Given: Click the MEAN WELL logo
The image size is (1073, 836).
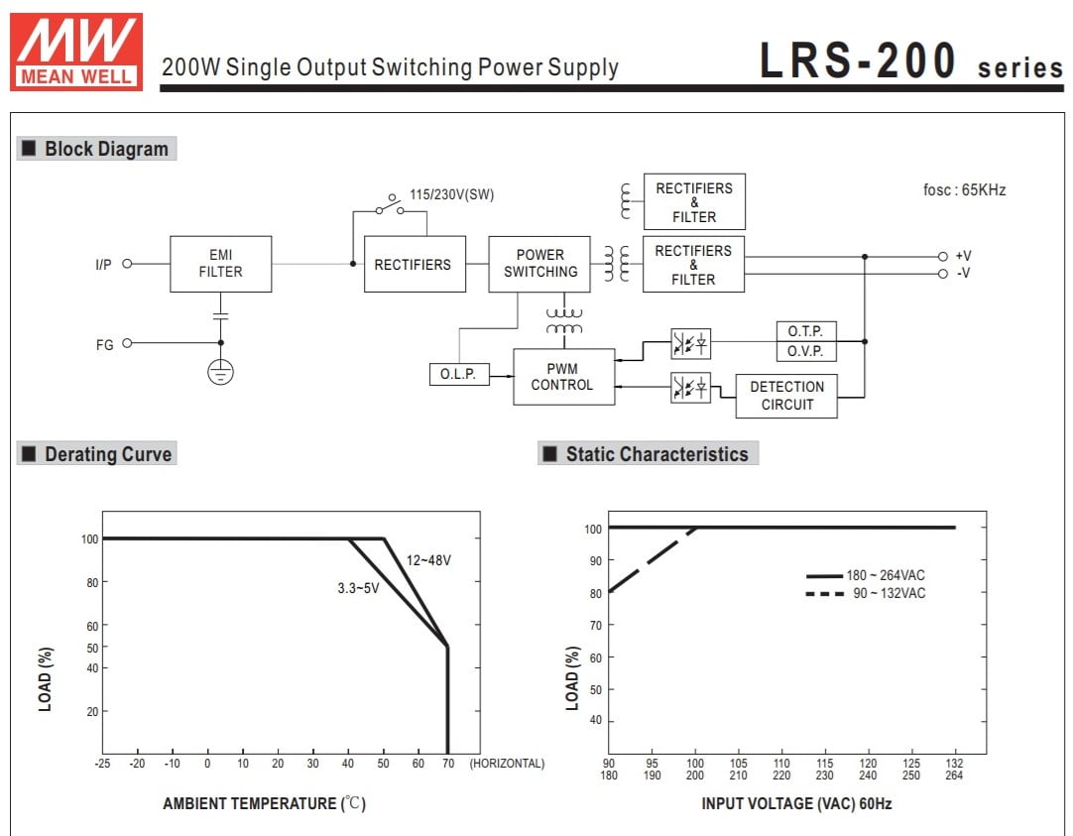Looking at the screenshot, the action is tap(76, 52).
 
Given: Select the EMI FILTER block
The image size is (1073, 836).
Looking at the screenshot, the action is tap(220, 264).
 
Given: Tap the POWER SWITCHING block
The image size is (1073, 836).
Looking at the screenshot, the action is tap(539, 264).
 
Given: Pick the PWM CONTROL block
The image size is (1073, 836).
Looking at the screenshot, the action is tap(564, 377).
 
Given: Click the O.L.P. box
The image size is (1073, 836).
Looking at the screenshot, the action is tap(459, 374).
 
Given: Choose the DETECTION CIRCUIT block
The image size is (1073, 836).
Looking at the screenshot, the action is tap(786, 396).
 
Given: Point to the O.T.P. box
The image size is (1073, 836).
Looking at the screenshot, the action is tap(806, 332).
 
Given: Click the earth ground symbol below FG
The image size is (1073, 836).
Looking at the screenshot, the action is tap(220, 372).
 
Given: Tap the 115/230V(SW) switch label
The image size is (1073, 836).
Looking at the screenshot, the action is tap(451, 195).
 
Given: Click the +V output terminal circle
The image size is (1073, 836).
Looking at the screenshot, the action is tap(943, 257).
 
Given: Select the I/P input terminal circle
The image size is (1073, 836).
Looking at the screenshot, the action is tap(127, 264).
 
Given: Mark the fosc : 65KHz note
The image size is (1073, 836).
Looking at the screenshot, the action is tap(964, 190).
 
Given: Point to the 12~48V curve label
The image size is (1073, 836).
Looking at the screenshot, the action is tap(428, 560).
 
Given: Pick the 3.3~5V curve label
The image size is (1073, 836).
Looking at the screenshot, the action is tap(358, 588).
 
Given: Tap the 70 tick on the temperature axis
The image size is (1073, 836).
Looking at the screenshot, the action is tap(448, 764).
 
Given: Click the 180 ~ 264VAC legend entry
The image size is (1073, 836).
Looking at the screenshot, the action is tap(866, 575).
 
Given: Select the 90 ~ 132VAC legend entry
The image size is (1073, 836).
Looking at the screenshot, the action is tap(866, 593).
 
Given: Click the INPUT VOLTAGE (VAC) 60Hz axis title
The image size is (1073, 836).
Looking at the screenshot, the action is tap(796, 804).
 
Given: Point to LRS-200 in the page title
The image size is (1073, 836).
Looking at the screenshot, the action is tap(858, 60).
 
